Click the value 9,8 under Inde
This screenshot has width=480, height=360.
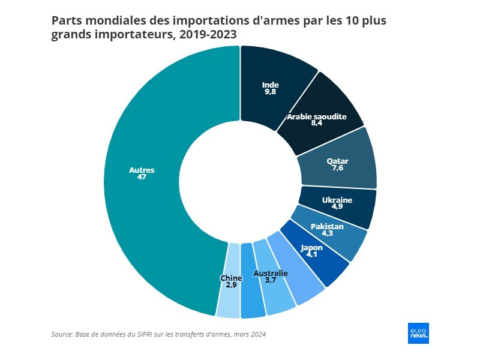coord(271,92)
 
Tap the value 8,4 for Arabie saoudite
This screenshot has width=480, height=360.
coord(317,124)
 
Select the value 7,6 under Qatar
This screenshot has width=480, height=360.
coord(337,168)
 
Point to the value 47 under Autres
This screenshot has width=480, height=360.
coord(142,178)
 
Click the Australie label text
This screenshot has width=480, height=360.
coord(271,274)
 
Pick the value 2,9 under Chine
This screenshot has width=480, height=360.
coord(231,285)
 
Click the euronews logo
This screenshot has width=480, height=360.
coord(418,334)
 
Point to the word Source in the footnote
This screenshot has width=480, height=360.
coord(62,334)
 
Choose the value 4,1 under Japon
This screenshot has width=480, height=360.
coord(312,254)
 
